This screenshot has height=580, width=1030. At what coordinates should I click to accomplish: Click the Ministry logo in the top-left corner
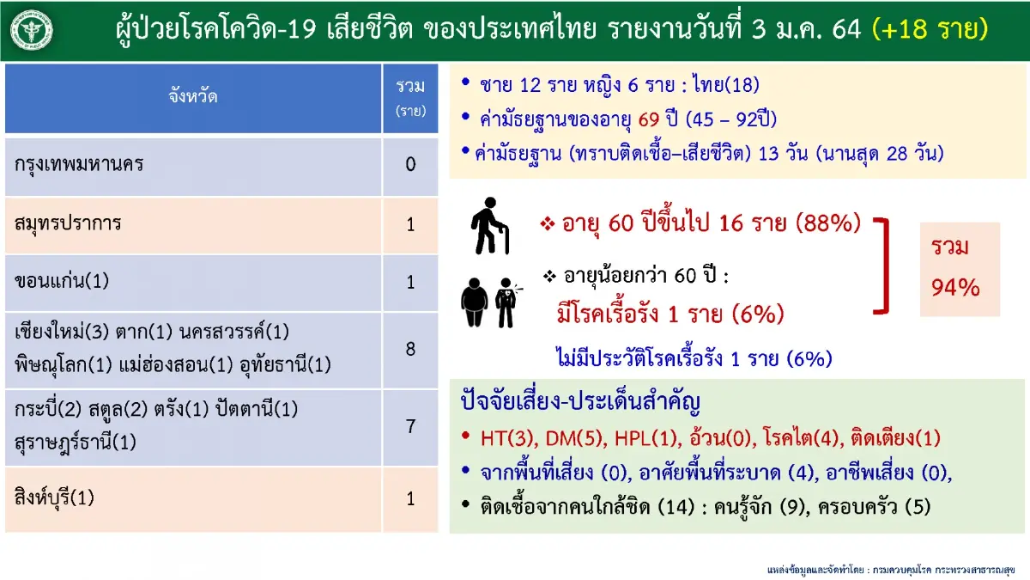coord(31,30)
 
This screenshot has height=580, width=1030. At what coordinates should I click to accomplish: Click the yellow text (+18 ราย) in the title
coord(930,30)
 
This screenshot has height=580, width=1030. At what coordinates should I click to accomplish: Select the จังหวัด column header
coord(193,97)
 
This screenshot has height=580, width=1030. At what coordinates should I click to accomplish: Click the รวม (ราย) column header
coord(410,97)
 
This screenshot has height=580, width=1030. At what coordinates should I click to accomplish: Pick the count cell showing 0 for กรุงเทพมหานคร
coord(410,164)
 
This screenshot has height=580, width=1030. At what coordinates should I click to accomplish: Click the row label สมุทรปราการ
coord(69,223)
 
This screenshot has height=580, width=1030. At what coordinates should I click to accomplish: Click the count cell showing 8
coord(410,347)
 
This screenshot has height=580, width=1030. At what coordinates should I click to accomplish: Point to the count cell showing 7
coord(410,426)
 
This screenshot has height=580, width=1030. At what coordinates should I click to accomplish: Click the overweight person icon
coord(475,301)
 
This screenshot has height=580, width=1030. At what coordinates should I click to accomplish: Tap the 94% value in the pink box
coord(955,288)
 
